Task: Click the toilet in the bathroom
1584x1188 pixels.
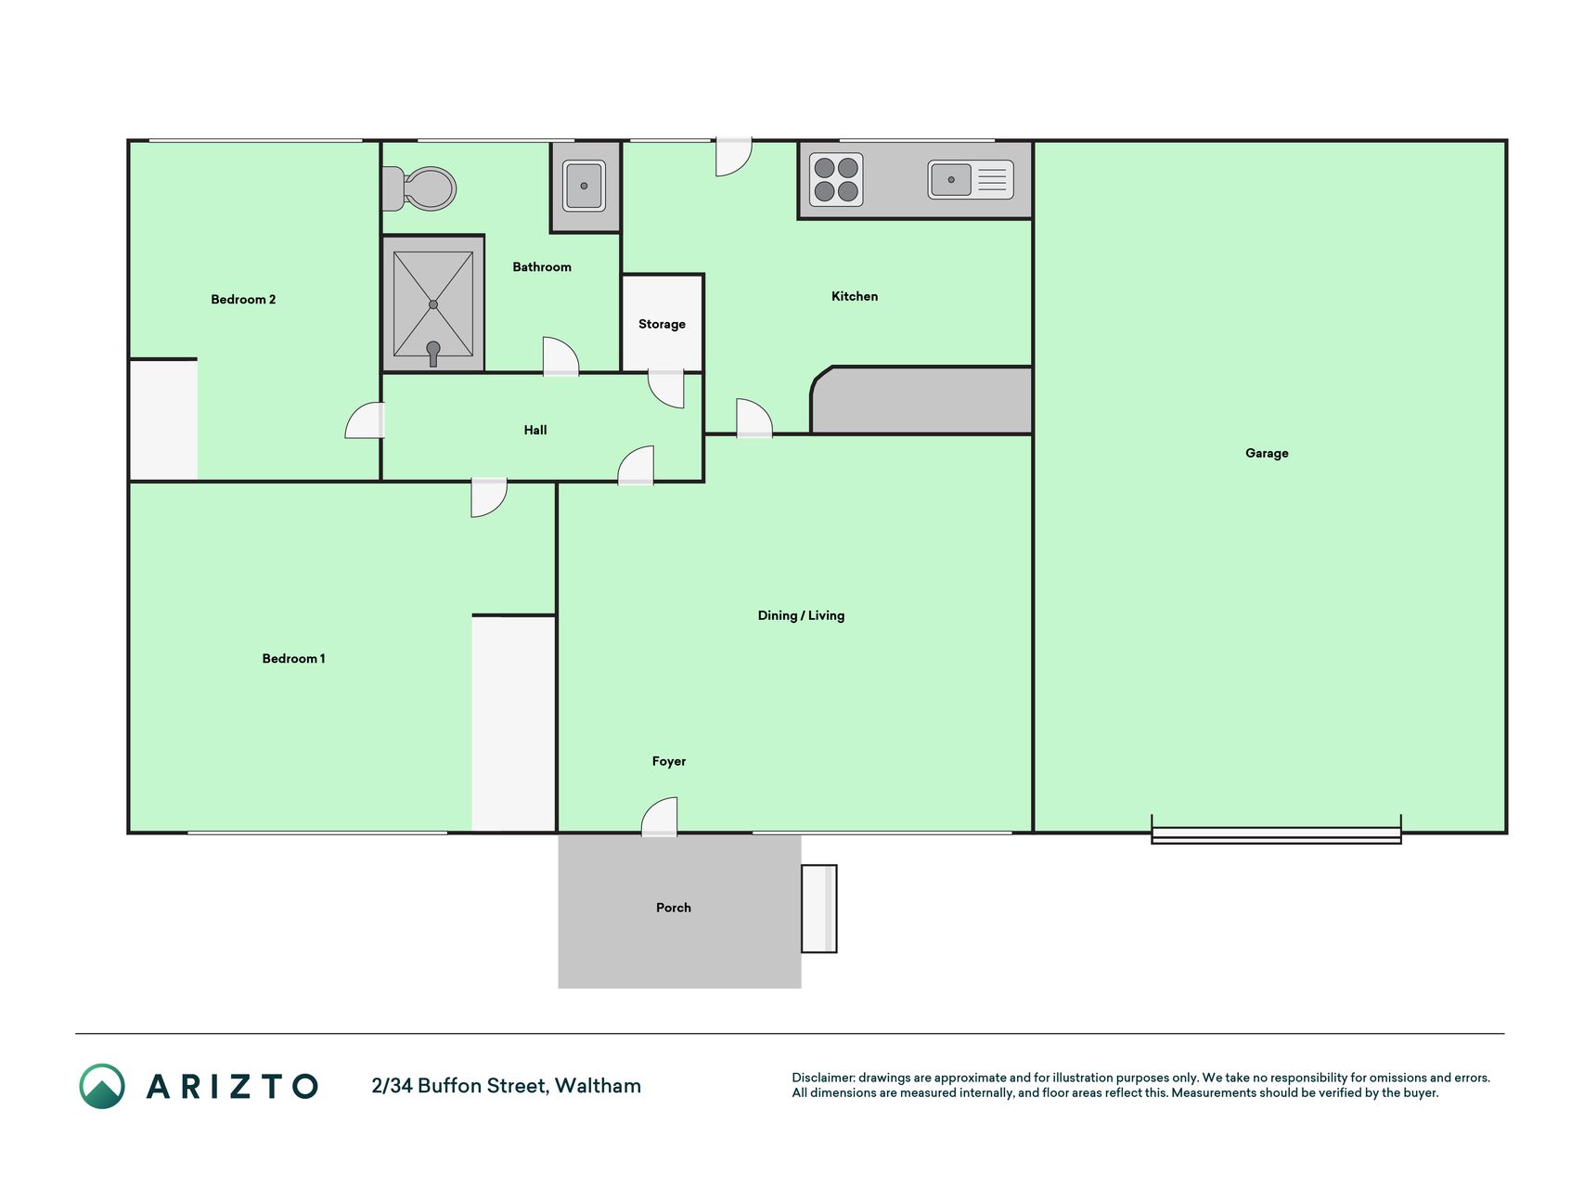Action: point(419,188)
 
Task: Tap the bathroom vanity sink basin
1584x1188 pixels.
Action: point(584,186)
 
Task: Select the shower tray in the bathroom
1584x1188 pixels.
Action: point(433,304)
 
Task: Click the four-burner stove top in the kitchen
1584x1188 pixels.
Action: point(836,179)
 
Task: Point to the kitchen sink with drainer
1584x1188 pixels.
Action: point(971,180)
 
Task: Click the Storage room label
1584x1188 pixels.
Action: point(662,324)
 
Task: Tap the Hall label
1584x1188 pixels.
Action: point(535,430)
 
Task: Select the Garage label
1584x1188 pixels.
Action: point(1267,453)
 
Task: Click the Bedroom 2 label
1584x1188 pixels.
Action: point(243,299)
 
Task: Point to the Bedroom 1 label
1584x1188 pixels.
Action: point(293,658)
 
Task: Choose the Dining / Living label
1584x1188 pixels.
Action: point(801,615)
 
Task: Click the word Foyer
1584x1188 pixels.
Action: point(669,761)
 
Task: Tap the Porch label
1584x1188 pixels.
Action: point(674,908)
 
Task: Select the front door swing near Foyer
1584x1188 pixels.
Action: point(660,816)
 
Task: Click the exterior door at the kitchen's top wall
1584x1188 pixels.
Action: point(733,156)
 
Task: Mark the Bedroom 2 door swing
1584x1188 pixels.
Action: point(365,420)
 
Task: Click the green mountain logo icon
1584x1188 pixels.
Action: point(102,1086)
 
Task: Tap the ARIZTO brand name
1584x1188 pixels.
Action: point(232,1086)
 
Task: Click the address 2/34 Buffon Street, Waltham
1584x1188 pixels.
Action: point(506,1086)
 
